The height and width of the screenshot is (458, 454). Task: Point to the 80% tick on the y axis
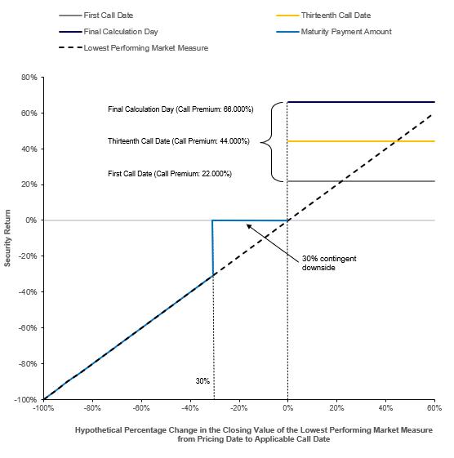(x=29, y=78)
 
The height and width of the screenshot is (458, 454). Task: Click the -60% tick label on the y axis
(x=28, y=327)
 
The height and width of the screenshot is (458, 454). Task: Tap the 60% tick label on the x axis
(x=434, y=407)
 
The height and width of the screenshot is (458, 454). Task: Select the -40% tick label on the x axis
(x=190, y=407)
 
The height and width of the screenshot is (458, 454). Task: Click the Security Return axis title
(x=7, y=238)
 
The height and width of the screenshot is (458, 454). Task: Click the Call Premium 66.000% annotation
(x=180, y=109)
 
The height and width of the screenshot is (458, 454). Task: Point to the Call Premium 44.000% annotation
(x=179, y=141)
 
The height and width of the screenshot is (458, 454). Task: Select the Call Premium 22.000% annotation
(x=170, y=174)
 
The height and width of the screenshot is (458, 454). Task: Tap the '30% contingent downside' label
(x=329, y=263)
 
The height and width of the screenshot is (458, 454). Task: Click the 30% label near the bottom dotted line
(x=203, y=381)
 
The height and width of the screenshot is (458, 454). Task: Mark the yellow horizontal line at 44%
(x=361, y=141)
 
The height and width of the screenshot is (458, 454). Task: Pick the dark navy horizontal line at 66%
(x=361, y=102)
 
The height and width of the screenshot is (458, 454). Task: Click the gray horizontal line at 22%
(x=361, y=181)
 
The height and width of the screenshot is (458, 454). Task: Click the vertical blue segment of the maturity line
(x=212, y=247)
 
